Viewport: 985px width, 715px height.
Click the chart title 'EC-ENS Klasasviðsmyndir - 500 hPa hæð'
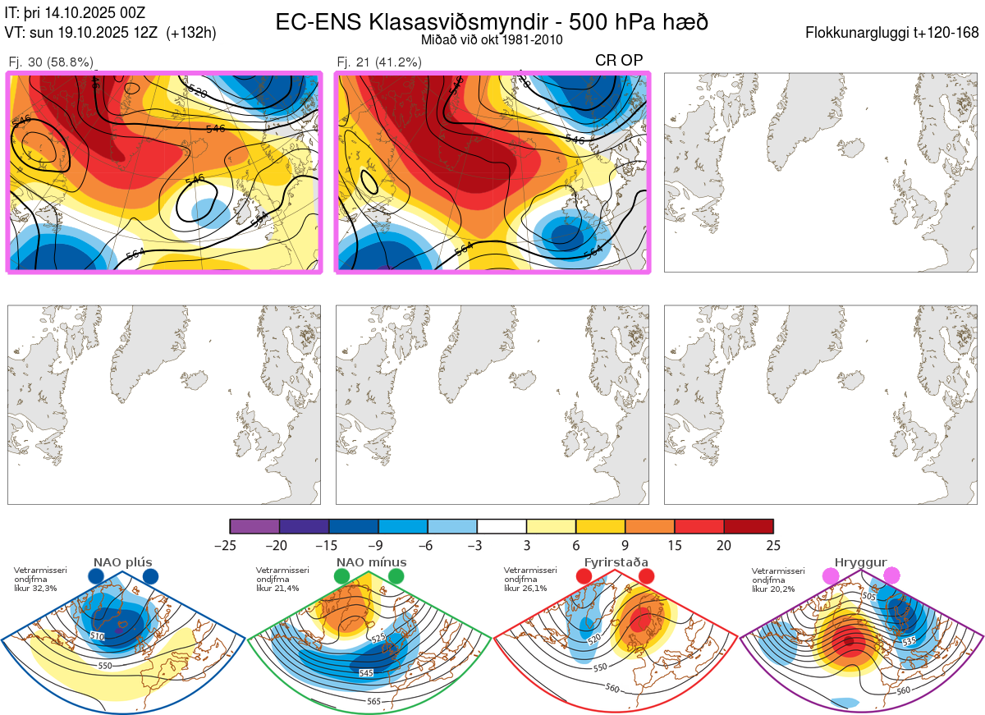(492, 21)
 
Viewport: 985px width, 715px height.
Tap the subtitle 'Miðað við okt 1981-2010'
(492, 39)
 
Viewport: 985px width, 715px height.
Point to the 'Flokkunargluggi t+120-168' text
(893, 34)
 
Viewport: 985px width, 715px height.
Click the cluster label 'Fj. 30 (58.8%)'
(51, 62)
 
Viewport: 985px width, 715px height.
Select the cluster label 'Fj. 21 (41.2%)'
(379, 62)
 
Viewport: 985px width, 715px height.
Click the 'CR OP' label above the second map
(619, 60)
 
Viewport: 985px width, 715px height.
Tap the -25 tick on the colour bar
(231, 545)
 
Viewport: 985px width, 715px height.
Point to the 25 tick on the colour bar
(773, 545)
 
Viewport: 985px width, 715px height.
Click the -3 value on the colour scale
(477, 545)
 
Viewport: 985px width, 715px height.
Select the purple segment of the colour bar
(254, 526)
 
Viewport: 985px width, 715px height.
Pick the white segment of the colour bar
(502, 526)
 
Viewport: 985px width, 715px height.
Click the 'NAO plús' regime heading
(122, 562)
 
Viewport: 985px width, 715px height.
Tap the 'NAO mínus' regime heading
(371, 562)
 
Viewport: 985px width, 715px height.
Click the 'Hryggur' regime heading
(861, 562)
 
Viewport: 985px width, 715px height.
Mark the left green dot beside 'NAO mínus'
(342, 577)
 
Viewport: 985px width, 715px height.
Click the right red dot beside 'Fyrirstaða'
(646, 577)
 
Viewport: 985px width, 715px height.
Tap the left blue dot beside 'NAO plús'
(96, 577)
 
